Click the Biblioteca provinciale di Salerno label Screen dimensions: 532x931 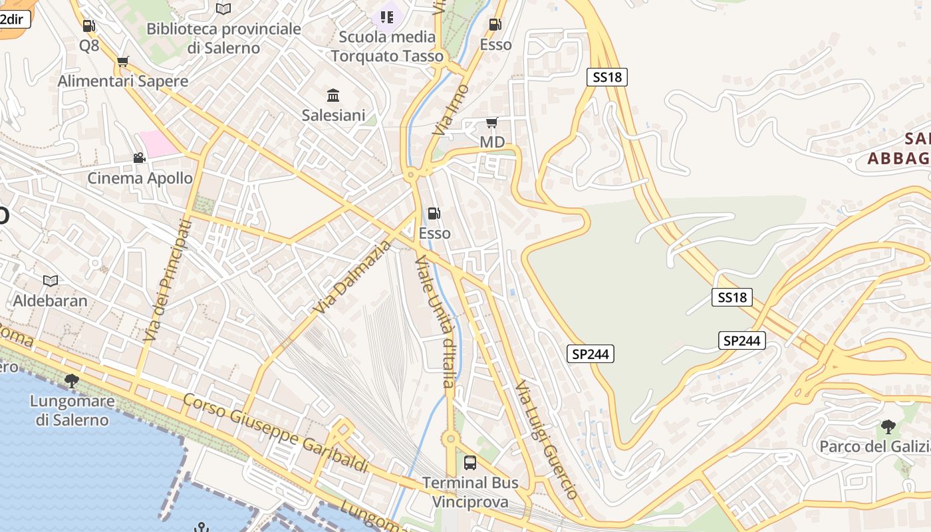[x=223, y=38]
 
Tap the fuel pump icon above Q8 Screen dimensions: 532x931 [x=88, y=26]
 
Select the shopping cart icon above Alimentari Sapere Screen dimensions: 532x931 [x=122, y=62]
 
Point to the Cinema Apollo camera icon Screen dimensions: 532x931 [x=139, y=158]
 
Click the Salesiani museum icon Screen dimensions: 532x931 [x=333, y=95]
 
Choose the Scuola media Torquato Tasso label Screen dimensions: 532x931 [x=387, y=47]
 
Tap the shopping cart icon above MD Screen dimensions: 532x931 [x=492, y=122]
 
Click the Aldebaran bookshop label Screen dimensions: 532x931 [x=51, y=301]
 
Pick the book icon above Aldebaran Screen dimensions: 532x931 [x=51, y=281]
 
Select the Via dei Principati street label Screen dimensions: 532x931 [x=166, y=281]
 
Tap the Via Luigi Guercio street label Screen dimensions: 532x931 [x=547, y=440]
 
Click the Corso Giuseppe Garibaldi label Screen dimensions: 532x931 [x=275, y=433]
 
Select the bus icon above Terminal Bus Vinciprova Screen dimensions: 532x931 [x=470, y=462]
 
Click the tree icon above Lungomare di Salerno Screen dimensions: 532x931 [x=72, y=381]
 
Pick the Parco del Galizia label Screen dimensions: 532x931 [x=874, y=446]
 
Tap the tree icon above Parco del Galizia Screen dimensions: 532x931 [x=888, y=426]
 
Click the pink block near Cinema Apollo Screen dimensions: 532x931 [x=158, y=144]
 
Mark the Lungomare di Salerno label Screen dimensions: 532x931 [x=72, y=411]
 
